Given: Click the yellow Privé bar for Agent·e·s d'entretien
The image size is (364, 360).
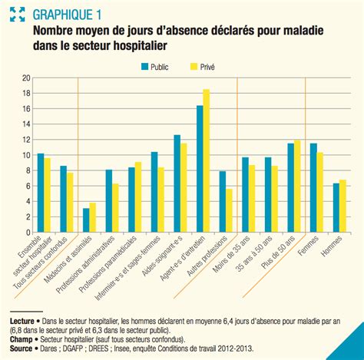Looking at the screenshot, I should [x=207, y=161].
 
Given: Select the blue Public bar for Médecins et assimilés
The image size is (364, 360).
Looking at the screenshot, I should [x=86, y=220].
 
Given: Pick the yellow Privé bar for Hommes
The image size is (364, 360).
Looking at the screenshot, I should [x=342, y=206].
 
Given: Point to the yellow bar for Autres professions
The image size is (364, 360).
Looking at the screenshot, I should [x=229, y=210].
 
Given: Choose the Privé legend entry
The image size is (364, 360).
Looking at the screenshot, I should [x=202, y=67].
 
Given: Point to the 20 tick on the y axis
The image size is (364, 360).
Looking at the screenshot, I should [x=26, y=78].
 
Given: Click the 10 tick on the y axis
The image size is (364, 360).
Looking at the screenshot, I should [x=26, y=155].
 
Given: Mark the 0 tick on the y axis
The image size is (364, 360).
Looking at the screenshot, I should [x=28, y=233].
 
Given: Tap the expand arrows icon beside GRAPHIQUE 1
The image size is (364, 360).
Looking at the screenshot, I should [x=17, y=14].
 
